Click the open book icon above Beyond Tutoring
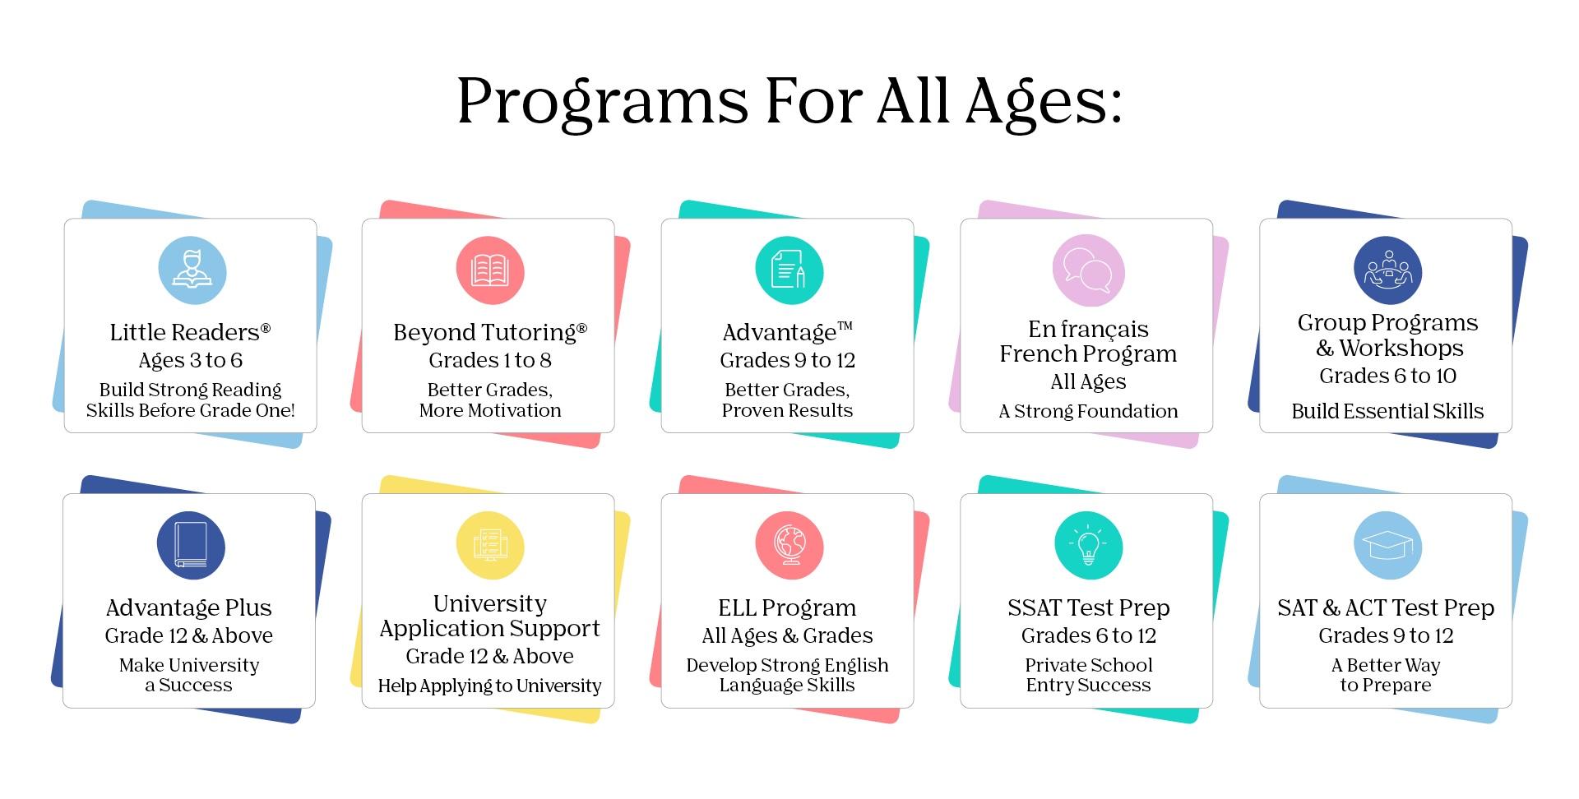coord(490,270)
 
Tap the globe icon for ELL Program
coord(789,546)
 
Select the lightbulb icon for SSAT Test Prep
coord(1088,546)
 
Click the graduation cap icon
coord(1387,546)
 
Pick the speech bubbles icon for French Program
coord(1087,270)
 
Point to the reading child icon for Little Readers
coord(192,270)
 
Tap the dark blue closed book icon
coord(191,546)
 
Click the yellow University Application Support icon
coord(490,546)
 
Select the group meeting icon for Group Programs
coord(1387,270)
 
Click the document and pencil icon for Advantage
coord(789,270)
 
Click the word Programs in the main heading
coord(603,103)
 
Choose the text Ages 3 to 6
coord(191,360)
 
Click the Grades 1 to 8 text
coord(490,360)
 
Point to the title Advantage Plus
coord(189,607)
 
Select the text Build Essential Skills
coord(1387,411)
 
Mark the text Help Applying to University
coord(490,686)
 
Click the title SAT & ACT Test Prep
coord(1386,607)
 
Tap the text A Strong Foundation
coord(1088,411)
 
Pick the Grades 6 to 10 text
coord(1387,376)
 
